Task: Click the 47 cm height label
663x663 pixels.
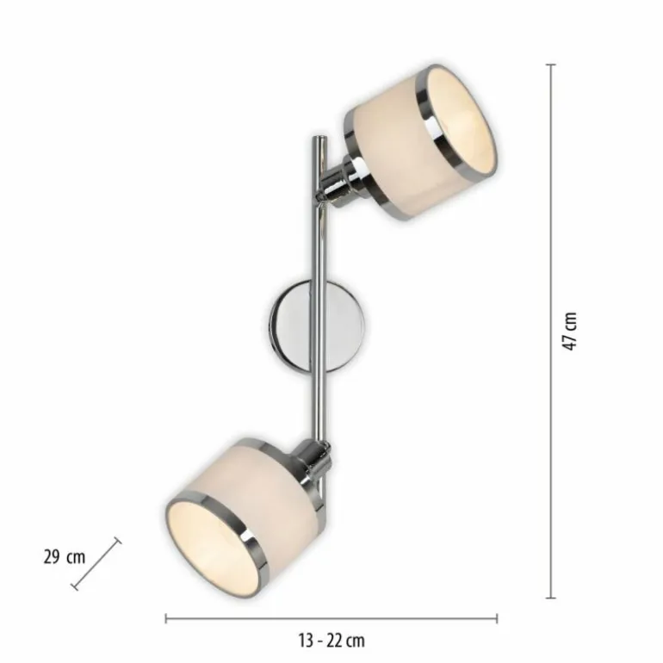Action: click(570, 331)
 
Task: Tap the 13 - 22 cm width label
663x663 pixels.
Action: click(331, 640)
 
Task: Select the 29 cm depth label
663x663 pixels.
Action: click(63, 556)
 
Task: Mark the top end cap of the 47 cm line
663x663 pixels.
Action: click(551, 65)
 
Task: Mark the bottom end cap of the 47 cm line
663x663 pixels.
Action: click(551, 597)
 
